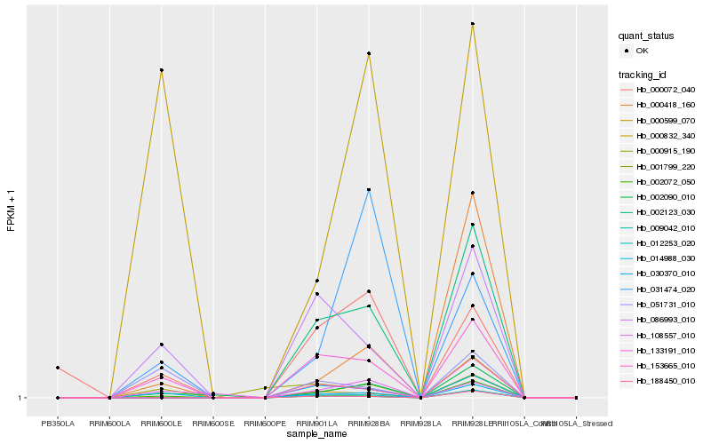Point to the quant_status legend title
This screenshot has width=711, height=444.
pos(646,36)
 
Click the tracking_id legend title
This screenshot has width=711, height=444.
pos(643,74)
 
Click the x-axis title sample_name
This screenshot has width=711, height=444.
pos(316,434)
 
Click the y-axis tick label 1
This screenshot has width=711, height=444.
pos(20,398)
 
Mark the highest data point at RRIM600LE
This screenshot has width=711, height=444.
pos(161,70)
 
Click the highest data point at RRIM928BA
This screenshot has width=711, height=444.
pos(368,54)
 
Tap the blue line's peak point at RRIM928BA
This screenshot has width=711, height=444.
pos(368,190)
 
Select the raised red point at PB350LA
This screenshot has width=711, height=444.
pos(58,368)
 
